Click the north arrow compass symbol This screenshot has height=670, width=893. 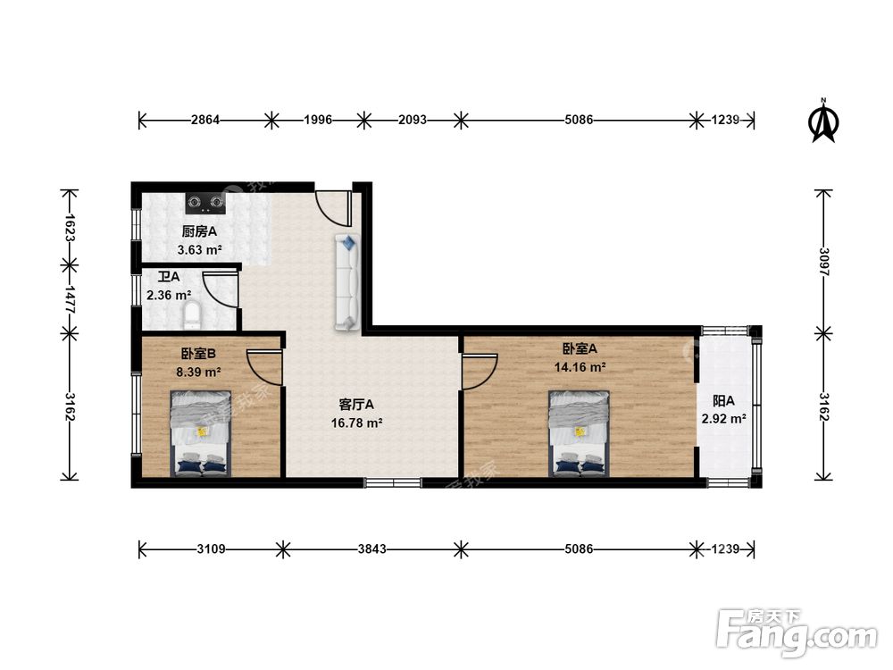(x=823, y=121)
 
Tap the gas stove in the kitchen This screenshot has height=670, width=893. (x=205, y=203)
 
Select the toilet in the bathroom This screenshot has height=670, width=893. (x=192, y=315)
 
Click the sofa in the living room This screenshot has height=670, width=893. (x=346, y=282)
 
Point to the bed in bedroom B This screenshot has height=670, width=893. (x=200, y=433)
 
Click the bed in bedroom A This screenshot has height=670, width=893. (x=579, y=433)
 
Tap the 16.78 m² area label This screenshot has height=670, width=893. (x=356, y=423)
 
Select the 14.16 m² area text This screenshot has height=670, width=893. (x=580, y=367)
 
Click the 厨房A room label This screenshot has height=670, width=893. (x=199, y=232)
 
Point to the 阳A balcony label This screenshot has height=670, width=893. (x=723, y=401)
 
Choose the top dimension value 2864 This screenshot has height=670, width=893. (x=205, y=120)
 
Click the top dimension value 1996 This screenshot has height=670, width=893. (x=318, y=120)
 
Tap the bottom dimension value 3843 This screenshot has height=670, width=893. (x=371, y=549)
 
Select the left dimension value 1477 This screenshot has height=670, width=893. (x=70, y=298)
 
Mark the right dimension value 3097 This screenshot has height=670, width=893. (x=823, y=262)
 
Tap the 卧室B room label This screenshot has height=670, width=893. (x=198, y=354)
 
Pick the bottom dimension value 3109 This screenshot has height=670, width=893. (x=212, y=549)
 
